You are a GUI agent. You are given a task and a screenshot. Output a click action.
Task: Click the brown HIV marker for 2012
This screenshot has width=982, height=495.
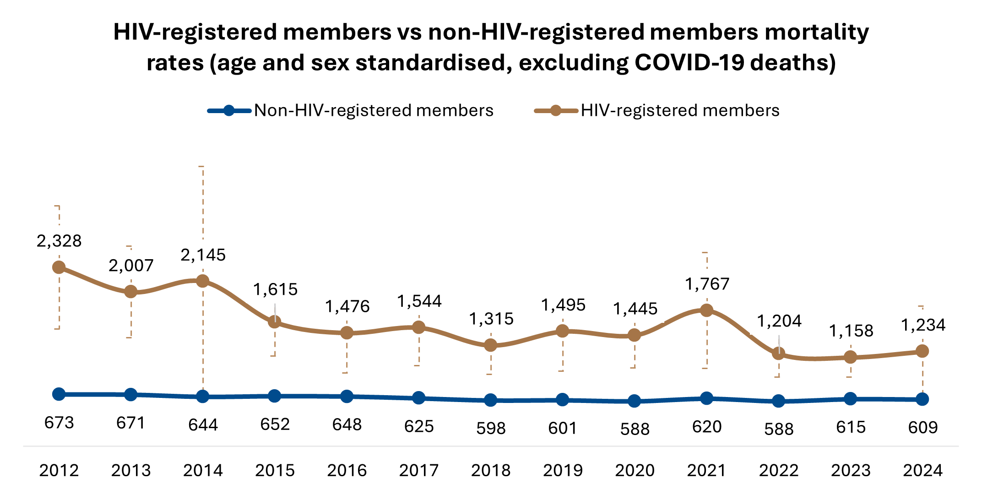click(59, 267)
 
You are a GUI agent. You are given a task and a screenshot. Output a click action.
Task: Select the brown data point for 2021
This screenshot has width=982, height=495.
click(706, 310)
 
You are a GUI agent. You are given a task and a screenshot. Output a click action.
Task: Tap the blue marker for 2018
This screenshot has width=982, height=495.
click(490, 400)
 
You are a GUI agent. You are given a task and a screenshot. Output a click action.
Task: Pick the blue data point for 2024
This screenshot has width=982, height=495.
click(922, 399)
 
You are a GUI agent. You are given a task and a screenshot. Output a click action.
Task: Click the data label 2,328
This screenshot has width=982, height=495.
click(59, 241)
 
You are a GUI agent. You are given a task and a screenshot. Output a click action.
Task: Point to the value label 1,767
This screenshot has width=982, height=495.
click(707, 284)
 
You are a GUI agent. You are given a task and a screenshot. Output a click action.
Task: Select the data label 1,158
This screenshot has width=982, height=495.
click(851, 331)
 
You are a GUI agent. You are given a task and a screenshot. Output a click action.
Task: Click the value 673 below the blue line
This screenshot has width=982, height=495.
click(59, 423)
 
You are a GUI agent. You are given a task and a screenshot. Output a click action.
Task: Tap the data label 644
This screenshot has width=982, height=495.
click(203, 425)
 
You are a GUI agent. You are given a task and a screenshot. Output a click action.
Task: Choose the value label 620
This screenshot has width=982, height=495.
click(707, 427)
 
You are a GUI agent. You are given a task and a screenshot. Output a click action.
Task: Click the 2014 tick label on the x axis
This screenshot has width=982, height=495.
click(203, 470)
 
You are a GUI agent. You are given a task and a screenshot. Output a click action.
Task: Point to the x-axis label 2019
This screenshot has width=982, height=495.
click(563, 470)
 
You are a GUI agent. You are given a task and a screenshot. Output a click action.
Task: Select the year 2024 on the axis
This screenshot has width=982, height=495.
click(922, 470)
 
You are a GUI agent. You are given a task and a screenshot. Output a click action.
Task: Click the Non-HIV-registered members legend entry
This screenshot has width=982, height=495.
click(374, 110)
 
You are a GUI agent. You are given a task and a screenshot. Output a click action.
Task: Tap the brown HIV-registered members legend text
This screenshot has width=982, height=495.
click(680, 110)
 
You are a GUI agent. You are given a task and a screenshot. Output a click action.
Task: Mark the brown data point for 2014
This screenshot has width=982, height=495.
click(203, 281)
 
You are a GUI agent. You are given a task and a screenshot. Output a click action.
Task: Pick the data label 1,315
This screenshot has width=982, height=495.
click(491, 319)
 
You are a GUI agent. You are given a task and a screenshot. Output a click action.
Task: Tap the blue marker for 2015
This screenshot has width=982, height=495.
click(274, 396)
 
